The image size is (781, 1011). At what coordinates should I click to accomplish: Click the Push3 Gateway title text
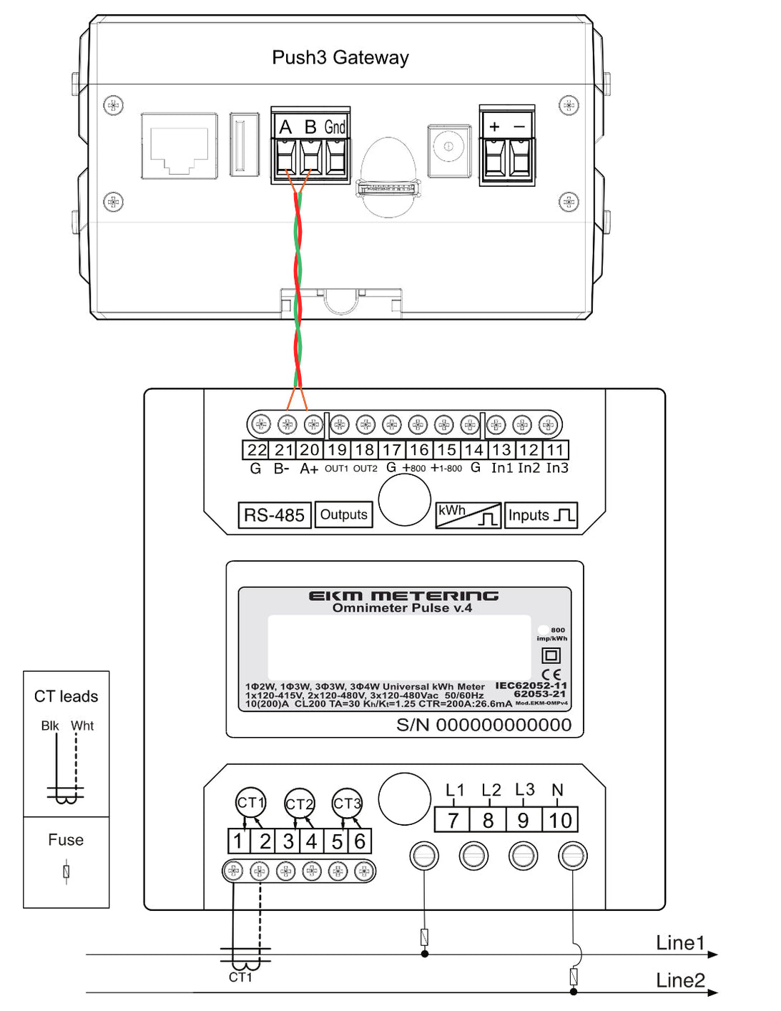tap(340, 57)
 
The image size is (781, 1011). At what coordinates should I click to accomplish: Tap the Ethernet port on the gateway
tap(180, 145)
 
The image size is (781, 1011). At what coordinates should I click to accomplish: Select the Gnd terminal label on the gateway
tap(335, 127)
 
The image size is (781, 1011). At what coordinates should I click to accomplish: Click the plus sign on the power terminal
tap(494, 127)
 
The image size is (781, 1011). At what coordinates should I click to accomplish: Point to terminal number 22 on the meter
tap(256, 450)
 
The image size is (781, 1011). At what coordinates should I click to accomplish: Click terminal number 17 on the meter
tap(391, 450)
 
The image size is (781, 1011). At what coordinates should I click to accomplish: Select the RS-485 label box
tap(274, 515)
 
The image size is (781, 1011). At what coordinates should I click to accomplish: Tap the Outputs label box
tap(343, 514)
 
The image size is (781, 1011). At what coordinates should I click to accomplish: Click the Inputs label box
tap(541, 515)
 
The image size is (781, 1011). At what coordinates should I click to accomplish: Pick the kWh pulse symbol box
tap(468, 515)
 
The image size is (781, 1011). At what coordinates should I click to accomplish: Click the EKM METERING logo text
tap(403, 595)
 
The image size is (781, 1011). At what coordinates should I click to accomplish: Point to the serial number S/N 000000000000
tap(484, 725)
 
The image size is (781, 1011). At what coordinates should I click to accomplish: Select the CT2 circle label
tap(299, 804)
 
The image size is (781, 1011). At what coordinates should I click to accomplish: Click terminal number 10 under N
tap(560, 820)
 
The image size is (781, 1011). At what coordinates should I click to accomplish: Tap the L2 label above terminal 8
tap(491, 790)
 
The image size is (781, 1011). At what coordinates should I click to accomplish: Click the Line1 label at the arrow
tap(680, 943)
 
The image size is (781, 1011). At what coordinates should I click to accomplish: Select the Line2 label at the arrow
tap(680, 980)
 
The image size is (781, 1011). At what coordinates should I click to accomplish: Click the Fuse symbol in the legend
tap(67, 871)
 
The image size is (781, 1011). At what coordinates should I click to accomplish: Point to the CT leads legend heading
tap(67, 696)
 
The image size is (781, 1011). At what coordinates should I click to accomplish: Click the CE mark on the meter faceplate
tap(551, 674)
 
